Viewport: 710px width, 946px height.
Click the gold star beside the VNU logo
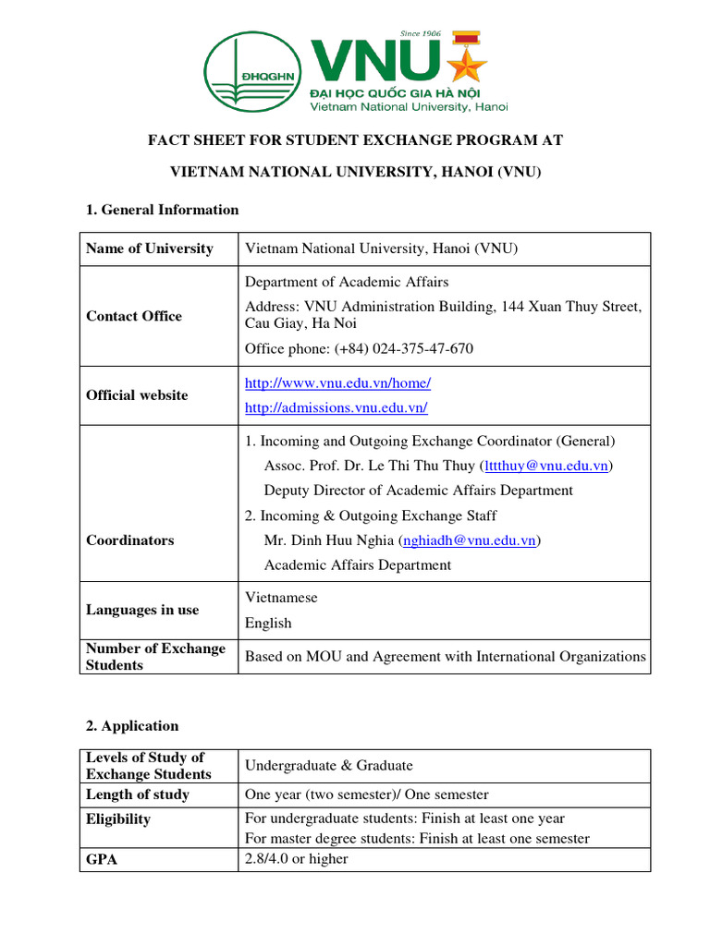468,63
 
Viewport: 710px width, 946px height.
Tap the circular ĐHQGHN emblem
253,72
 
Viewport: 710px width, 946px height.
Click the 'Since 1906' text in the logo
421,33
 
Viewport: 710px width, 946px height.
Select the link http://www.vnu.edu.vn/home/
337,382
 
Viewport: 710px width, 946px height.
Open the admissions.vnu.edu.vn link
336,407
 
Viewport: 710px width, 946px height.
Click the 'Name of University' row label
149,249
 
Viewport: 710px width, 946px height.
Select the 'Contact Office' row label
134,316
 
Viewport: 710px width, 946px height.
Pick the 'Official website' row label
137,395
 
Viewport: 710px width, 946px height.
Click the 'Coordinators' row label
129,540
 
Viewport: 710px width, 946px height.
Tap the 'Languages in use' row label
142,610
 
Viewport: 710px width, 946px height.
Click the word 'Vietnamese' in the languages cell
281,598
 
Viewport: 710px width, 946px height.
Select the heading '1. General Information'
162,210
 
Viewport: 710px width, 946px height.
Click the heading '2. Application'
132,726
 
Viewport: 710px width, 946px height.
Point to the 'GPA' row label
102,859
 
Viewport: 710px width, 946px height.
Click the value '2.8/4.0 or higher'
297,859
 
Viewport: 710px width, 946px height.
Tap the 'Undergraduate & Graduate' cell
328,766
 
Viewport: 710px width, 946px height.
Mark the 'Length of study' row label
138,794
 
